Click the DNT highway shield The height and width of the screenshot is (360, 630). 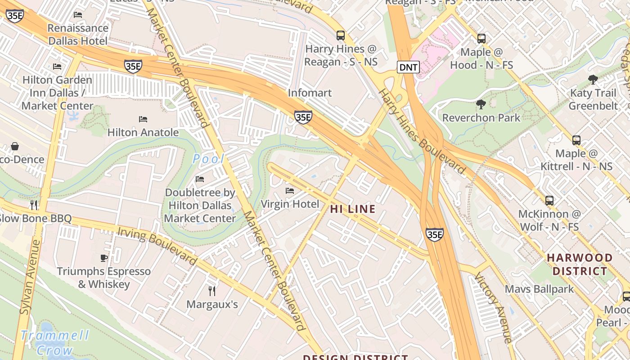tap(408, 67)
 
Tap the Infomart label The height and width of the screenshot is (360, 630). tap(310, 93)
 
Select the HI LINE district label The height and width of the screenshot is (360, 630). tap(353, 209)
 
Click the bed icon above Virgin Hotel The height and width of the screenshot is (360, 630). tap(290, 191)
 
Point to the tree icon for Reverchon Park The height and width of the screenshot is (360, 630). tap(481, 105)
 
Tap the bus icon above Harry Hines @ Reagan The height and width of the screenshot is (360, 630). tap(341, 36)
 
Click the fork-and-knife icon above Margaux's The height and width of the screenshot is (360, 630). tap(212, 291)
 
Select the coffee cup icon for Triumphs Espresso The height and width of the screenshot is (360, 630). tap(104, 258)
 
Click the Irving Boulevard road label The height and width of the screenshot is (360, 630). tap(157, 246)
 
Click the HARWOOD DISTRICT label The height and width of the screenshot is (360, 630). tap(580, 265)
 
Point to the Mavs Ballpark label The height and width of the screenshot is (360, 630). tap(539, 289)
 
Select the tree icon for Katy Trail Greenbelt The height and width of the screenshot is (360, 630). tap(593, 80)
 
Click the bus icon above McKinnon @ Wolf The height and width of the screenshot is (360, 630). tap(549, 201)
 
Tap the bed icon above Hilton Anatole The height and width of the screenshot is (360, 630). tap(143, 119)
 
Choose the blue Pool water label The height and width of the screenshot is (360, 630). tap(208, 159)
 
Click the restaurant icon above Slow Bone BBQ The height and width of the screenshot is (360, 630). tap(34, 205)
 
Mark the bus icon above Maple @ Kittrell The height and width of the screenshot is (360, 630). tap(576, 140)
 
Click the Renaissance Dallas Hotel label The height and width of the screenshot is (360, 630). tap(78, 34)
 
